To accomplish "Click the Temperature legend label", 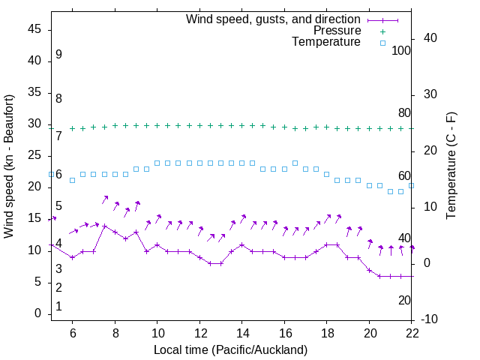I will coord(326,42).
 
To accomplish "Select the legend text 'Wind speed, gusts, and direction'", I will coord(273,19).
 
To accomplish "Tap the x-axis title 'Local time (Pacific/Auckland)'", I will coord(231,349).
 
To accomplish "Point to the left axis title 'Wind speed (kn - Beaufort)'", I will coord(9,167).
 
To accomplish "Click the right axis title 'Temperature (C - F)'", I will coord(451,166).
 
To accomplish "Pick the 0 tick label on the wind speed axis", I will coord(37,313).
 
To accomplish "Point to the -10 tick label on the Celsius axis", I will coord(432,319).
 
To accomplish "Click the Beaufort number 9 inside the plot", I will coord(58,55).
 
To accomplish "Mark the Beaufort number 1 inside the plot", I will coord(58,306).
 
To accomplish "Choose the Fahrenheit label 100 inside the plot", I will coord(401,50).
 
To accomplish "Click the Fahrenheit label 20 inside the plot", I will coord(404,300).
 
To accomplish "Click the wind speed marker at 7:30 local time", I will coord(104,226).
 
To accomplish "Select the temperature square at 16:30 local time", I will coord(295,163).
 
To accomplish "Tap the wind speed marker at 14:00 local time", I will coord(242,244).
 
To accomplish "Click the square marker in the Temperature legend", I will coord(382,43).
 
